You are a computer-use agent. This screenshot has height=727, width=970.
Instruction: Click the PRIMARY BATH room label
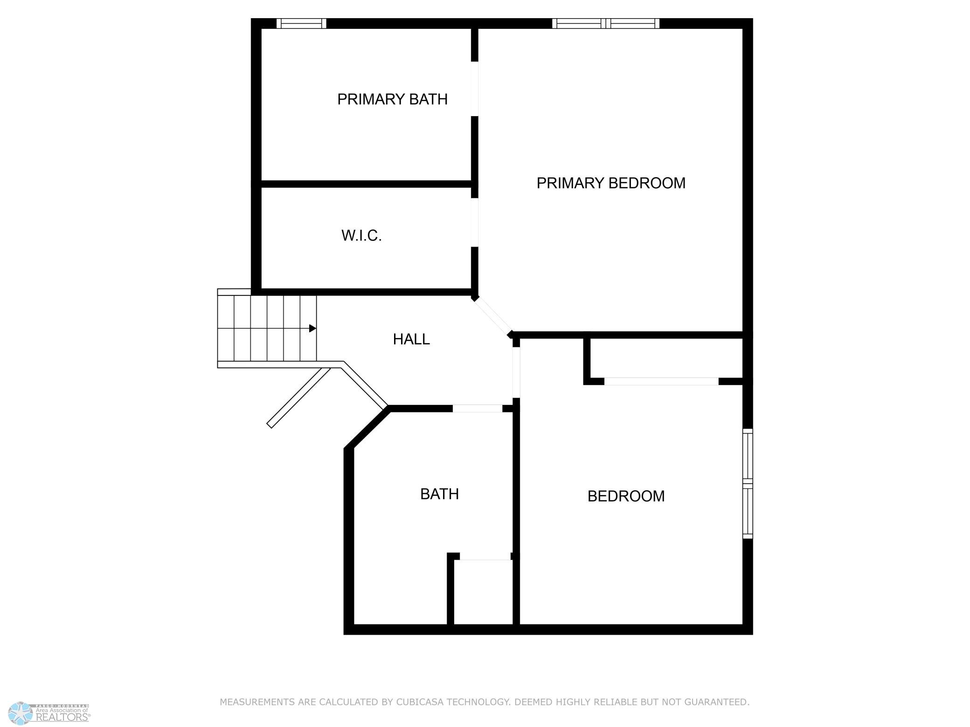(x=392, y=99)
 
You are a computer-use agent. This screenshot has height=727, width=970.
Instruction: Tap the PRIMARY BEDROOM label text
(x=611, y=183)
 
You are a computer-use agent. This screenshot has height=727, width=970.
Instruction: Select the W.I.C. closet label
(x=361, y=236)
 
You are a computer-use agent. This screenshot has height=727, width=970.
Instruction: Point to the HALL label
(x=411, y=339)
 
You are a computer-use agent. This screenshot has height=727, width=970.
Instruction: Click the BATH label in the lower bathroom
(x=439, y=494)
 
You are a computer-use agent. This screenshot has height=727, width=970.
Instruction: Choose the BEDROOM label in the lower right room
(x=626, y=496)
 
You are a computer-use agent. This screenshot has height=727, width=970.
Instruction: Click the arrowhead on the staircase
(x=313, y=329)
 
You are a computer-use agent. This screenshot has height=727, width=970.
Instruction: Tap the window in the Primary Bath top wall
(x=301, y=23)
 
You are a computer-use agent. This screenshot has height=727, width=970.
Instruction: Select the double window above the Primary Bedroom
(x=606, y=23)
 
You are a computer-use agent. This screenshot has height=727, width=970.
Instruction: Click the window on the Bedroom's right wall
(x=748, y=484)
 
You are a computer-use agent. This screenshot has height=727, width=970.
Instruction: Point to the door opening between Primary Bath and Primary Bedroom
(x=475, y=89)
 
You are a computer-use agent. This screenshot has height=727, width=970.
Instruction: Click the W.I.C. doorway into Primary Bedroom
(x=475, y=223)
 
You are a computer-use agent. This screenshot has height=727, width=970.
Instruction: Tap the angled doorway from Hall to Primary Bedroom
(x=492, y=317)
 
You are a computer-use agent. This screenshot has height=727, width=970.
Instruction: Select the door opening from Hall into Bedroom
(x=516, y=373)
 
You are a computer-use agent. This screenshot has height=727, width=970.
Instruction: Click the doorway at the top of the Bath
(x=478, y=409)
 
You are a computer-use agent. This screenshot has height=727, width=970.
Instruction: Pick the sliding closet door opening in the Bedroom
(x=661, y=381)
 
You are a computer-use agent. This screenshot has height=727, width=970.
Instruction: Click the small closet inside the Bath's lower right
(x=483, y=592)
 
